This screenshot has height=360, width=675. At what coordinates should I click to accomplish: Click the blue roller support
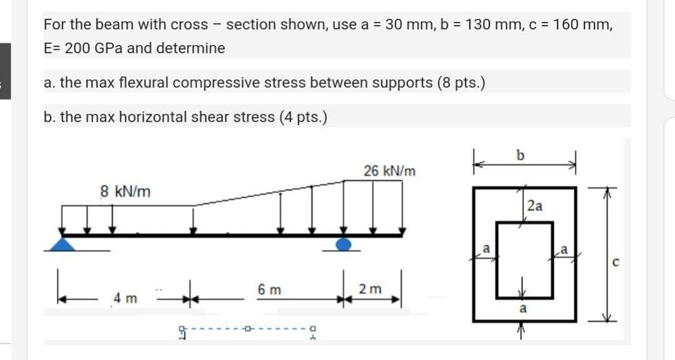344,243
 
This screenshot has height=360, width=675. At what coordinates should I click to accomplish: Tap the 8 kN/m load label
126,191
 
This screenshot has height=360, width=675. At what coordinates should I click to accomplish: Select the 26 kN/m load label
389,171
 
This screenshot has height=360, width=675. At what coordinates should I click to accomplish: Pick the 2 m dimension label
368,289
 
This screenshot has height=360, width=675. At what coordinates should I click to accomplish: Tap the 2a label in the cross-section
535,205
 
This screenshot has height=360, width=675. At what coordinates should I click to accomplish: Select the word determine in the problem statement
196,48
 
